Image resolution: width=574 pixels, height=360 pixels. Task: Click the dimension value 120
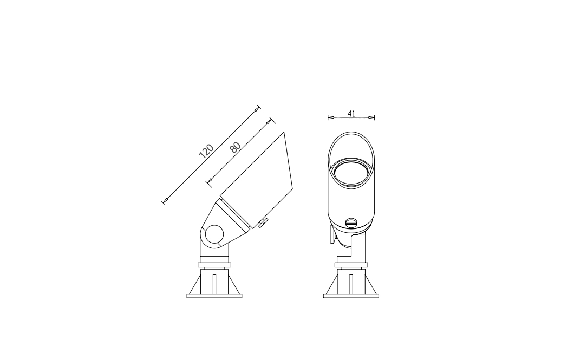click(206, 150)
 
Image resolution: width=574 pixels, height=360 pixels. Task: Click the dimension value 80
click(236, 147)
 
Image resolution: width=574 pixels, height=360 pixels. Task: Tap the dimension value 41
click(351, 114)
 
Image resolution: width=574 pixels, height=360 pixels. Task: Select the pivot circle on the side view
click(214, 234)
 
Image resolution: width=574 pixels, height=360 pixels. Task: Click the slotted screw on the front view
click(351, 222)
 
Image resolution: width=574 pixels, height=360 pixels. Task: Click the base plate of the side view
click(214, 296)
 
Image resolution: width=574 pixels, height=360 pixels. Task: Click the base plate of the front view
click(351, 296)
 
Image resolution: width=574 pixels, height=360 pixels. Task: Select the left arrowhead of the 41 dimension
click(331, 117)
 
